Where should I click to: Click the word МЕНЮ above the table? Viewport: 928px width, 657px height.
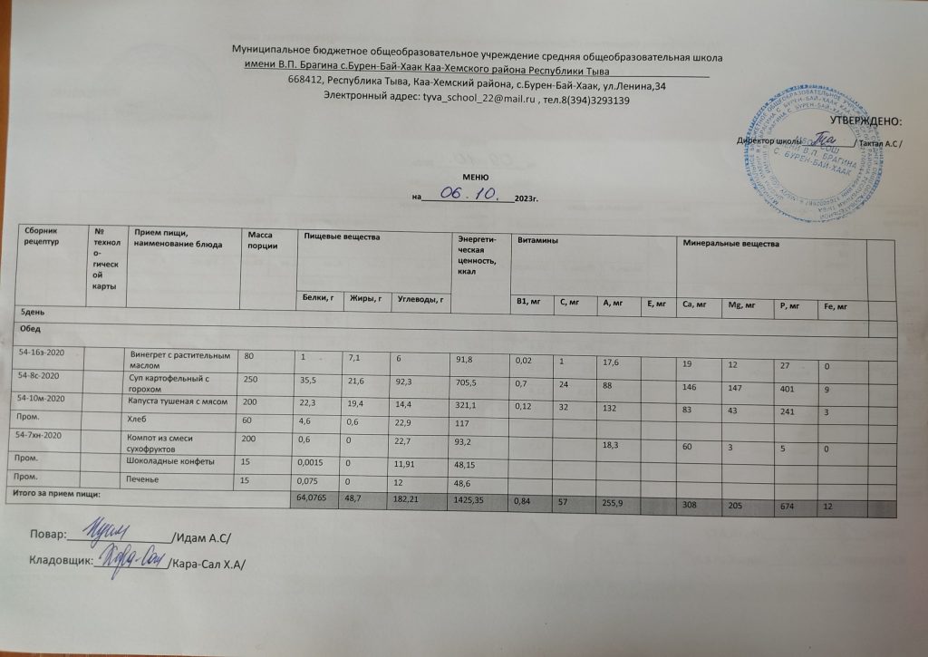(x=475, y=179)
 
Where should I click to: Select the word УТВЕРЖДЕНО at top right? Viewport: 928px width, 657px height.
(x=866, y=121)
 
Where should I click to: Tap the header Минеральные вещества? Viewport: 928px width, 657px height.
(x=730, y=244)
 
